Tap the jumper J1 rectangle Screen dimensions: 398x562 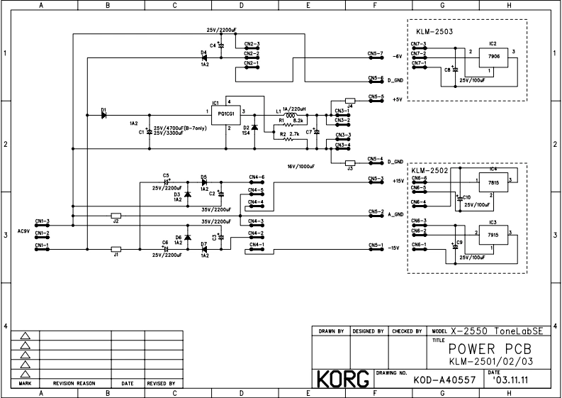click(x=116, y=249)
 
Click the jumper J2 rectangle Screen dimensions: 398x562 click(x=116, y=215)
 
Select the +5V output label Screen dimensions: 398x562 click(x=397, y=99)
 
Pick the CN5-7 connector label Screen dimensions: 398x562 click(x=375, y=54)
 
